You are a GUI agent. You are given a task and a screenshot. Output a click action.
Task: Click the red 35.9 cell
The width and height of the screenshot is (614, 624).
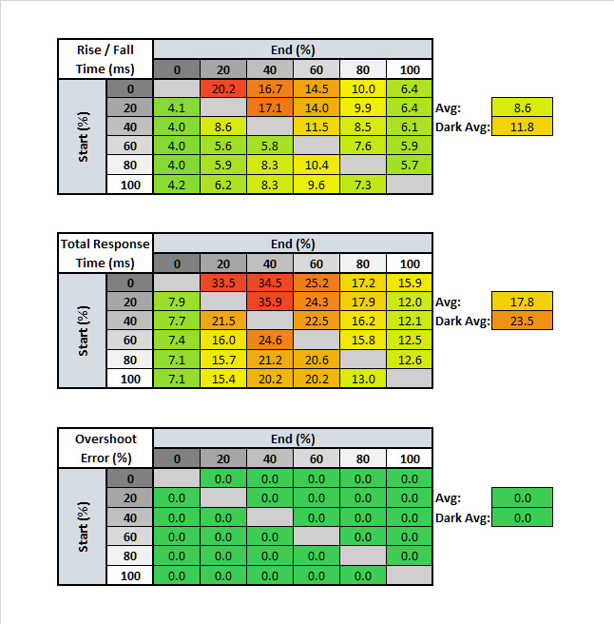pos(270,302)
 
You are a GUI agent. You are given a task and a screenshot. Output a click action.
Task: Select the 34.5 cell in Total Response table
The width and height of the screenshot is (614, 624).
pos(270,283)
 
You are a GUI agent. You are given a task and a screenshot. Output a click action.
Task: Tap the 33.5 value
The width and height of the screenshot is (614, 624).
pos(223,283)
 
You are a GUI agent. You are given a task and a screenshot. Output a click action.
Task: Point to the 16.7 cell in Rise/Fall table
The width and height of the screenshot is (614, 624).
pos(270,88)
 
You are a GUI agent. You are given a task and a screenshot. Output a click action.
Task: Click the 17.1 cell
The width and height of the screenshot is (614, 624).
pos(270,107)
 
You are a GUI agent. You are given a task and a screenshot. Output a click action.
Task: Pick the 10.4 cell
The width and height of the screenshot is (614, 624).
pos(317,166)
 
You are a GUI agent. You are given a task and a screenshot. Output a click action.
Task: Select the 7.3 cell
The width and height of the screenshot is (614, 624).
pos(363,185)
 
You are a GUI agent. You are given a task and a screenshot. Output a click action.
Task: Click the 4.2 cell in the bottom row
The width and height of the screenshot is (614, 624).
pos(177,185)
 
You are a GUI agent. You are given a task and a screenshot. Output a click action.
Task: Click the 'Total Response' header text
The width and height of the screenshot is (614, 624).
pos(106,244)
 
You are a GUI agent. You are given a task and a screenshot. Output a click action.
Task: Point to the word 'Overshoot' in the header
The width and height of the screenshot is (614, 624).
pos(106,439)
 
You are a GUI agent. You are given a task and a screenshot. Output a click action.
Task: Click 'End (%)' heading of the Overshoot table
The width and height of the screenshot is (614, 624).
pos(293,439)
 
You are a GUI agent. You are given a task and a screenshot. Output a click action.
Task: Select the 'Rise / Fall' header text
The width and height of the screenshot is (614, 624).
pos(106,49)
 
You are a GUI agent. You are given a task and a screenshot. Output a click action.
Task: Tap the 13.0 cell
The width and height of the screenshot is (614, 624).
pos(363,379)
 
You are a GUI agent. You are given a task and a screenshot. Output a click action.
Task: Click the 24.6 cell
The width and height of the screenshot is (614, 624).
pos(270,341)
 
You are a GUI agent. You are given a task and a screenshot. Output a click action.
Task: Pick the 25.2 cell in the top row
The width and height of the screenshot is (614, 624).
pos(317,283)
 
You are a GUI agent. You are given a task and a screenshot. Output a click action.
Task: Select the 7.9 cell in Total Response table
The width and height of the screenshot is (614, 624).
pos(177,302)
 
